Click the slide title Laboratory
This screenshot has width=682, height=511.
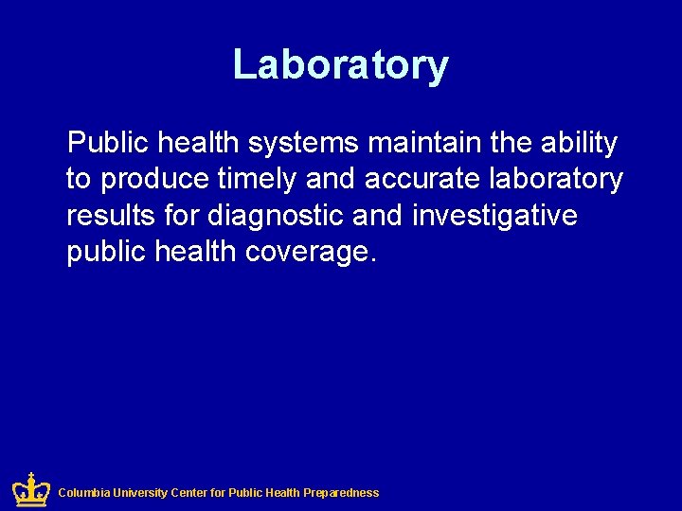coord(340,65)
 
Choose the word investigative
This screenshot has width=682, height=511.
coord(494,216)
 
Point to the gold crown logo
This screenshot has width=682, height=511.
coord(31,490)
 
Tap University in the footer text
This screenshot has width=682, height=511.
coord(141,493)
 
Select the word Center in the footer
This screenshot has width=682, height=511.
coord(191,493)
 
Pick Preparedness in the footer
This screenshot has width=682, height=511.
coord(341,493)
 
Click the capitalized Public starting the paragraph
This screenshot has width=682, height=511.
coord(107,144)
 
